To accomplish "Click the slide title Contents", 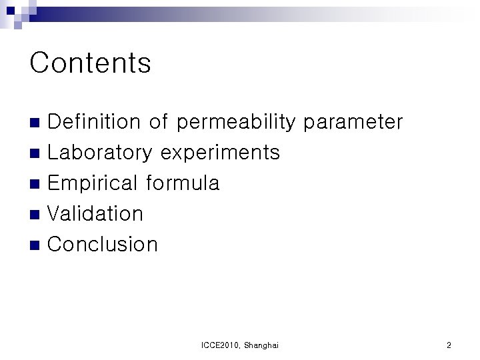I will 90,63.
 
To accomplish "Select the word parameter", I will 353,123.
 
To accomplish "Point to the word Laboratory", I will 100,153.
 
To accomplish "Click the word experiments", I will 220,153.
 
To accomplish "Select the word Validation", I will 96,213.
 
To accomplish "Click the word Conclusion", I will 103,244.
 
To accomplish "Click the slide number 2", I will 449,345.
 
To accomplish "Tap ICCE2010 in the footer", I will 220,345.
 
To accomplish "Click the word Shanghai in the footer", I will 261,345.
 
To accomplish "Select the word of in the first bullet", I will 159,122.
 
